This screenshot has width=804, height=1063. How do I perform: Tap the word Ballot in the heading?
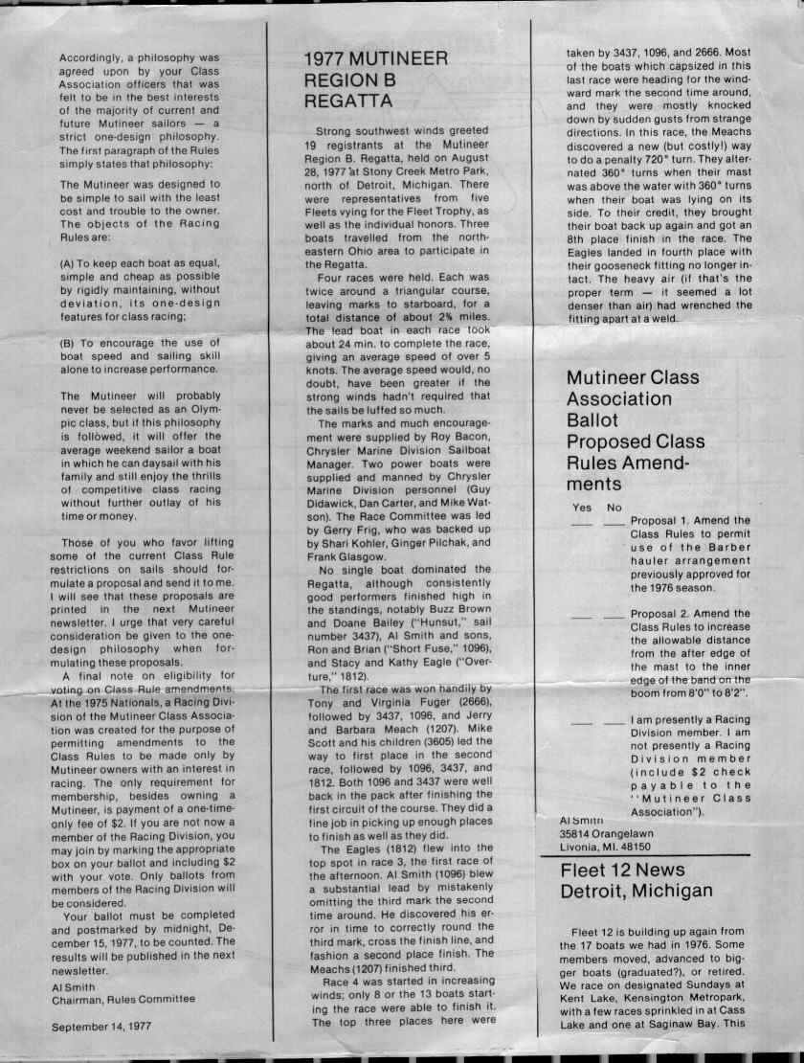pos(593,419)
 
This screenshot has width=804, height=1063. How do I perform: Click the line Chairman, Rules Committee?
pos(123,998)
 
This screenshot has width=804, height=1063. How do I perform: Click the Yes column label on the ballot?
pos(581,507)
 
